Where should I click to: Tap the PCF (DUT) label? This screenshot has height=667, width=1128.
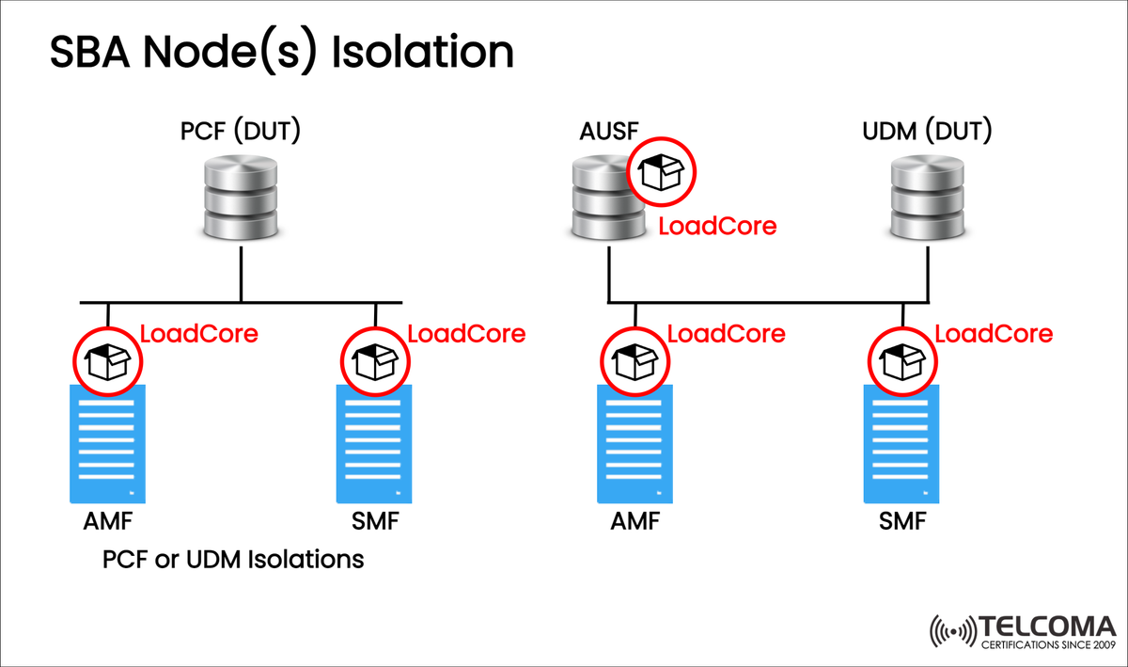tap(241, 132)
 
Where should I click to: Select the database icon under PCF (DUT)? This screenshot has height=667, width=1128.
tap(242, 199)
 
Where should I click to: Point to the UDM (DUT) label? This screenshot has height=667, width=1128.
tap(927, 132)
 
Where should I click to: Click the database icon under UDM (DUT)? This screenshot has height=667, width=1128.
tap(927, 199)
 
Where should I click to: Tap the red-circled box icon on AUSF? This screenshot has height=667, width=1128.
tap(662, 173)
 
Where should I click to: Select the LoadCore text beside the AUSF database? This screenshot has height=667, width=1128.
tap(717, 227)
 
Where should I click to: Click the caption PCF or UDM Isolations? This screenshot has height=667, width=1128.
tap(233, 560)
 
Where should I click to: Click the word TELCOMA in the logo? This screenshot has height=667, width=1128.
tap(1046, 627)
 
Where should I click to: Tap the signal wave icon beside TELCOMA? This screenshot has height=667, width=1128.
tap(951, 633)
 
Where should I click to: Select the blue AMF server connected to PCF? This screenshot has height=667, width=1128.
tap(108, 443)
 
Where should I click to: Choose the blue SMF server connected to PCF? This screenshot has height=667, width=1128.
tap(375, 443)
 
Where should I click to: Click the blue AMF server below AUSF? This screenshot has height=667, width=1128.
tap(634, 443)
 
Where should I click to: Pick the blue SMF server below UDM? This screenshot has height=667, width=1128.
tap(901, 443)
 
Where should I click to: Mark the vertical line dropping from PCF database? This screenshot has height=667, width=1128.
tap(242, 274)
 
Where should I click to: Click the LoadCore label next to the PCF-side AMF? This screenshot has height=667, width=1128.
tap(198, 333)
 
